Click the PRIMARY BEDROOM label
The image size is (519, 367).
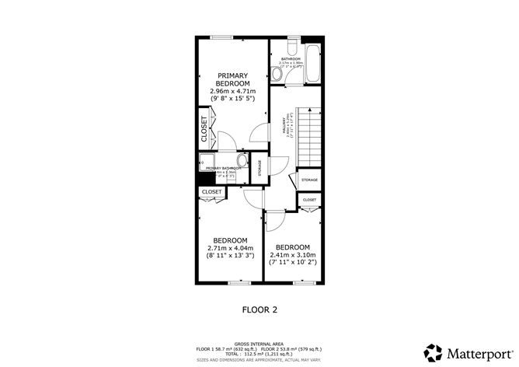232,79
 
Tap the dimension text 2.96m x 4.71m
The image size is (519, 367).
232,91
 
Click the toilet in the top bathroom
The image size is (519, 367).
277,74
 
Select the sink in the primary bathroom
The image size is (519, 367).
242,162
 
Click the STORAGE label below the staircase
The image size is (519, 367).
309,180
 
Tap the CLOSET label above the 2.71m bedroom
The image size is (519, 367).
212,191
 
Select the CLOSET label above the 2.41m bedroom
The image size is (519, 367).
309,200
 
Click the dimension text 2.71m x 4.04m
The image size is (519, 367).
231,248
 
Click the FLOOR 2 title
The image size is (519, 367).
259,309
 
